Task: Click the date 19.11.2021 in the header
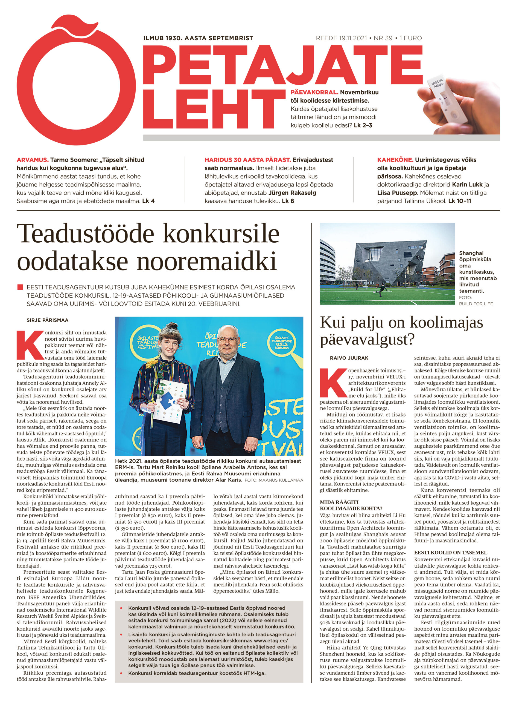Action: [x=348, y=38]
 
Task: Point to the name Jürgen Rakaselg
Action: [x=292, y=193]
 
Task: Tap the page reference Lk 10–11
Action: [x=459, y=201]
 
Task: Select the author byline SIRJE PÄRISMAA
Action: [x=48, y=320]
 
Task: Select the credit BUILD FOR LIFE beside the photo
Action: [x=476, y=304]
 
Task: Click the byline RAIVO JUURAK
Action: [x=349, y=358]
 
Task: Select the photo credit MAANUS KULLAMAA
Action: [x=281, y=480]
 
